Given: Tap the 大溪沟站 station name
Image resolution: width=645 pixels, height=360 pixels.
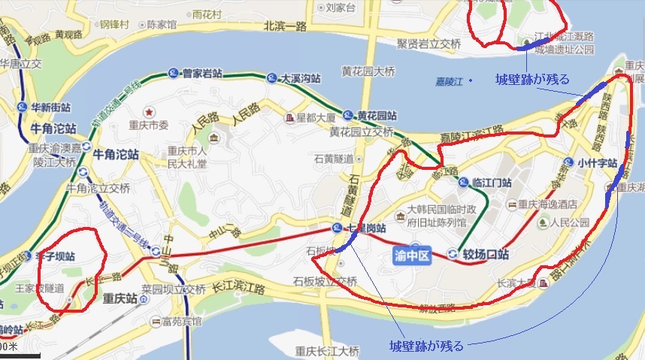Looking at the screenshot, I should tap(301, 78).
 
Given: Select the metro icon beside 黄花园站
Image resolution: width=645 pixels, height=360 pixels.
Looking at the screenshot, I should tap(347, 116).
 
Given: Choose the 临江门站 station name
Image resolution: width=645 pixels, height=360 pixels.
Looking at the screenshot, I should tap(491, 183).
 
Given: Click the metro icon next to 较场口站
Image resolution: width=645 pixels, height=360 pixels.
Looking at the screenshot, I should tap(452, 254).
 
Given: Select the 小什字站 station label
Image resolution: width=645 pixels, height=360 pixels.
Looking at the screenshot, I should tap(597, 162).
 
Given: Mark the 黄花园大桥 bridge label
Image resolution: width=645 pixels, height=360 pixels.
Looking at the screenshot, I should tap(368, 72).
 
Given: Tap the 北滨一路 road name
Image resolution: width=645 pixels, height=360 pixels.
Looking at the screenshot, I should tap(286, 26).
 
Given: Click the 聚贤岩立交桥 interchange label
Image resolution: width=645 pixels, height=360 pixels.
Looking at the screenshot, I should tap(428, 44).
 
